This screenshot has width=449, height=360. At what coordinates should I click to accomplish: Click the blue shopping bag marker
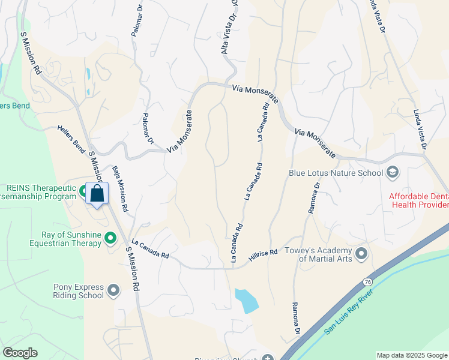coord(97,194)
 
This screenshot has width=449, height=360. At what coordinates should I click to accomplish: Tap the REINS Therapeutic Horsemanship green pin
coord(83,191)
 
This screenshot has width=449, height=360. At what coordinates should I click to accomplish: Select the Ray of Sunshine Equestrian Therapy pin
coord(110,239)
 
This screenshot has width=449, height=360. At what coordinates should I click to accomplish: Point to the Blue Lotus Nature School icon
coord(393,173)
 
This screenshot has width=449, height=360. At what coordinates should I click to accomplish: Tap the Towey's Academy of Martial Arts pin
coord(361,254)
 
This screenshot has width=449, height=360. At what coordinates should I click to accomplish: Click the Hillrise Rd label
coord(264,254)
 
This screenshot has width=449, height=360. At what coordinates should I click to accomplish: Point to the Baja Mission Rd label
coord(119,189)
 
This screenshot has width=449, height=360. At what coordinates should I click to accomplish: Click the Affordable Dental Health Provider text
coord(419,200)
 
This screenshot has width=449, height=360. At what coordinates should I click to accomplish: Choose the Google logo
coord(20,353)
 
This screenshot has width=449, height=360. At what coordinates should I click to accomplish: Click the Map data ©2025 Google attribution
coord(411,355)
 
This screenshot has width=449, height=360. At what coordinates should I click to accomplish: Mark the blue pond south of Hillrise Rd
coord(246,301)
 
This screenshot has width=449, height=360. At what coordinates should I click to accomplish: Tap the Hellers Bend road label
coord(71,139)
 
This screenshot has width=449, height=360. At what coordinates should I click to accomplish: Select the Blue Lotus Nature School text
coord(336,173)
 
